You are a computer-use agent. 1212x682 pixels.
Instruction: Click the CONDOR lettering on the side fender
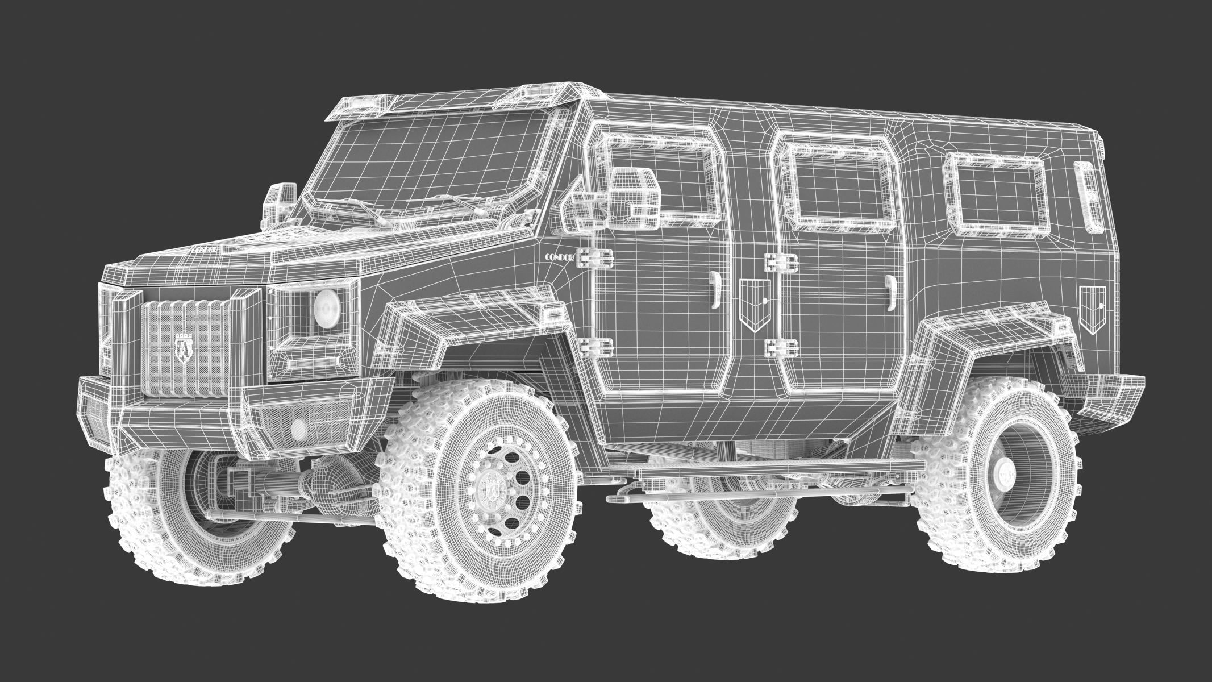pos(560,257)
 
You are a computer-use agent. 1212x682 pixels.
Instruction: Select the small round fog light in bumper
pos(297,427)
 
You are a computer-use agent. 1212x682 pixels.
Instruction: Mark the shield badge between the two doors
pos(755,303)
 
